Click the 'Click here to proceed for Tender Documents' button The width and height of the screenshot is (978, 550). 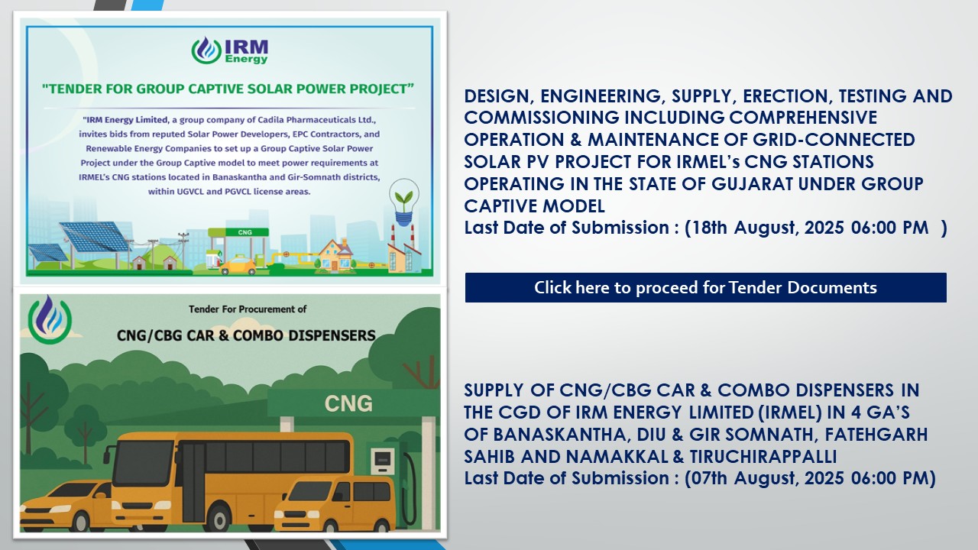tap(705, 288)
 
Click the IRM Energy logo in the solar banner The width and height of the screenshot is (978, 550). tap(230, 50)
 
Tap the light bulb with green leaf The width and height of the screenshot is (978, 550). tap(404, 202)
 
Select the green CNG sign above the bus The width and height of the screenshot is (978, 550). tap(348, 403)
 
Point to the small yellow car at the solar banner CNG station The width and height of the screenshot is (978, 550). tap(238, 265)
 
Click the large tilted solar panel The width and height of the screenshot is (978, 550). tap(94, 237)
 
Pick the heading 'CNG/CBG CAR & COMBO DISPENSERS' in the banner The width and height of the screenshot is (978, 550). tap(246, 335)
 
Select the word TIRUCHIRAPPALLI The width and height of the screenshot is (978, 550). tap(763, 457)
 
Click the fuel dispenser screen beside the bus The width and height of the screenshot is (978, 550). tap(383, 459)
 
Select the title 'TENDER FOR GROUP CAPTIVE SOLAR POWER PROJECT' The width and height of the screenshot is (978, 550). tap(228, 89)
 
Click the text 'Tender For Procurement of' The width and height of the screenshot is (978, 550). tap(248, 309)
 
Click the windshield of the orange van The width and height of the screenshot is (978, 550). tap(308, 491)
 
